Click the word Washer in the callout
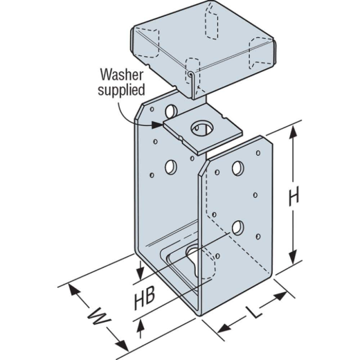click(x=122, y=75)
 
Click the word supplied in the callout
click(x=121, y=90)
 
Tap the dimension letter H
click(x=294, y=196)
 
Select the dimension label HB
click(x=145, y=298)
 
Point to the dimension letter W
click(x=99, y=316)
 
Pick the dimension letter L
click(x=254, y=312)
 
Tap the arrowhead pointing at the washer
click(x=158, y=125)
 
